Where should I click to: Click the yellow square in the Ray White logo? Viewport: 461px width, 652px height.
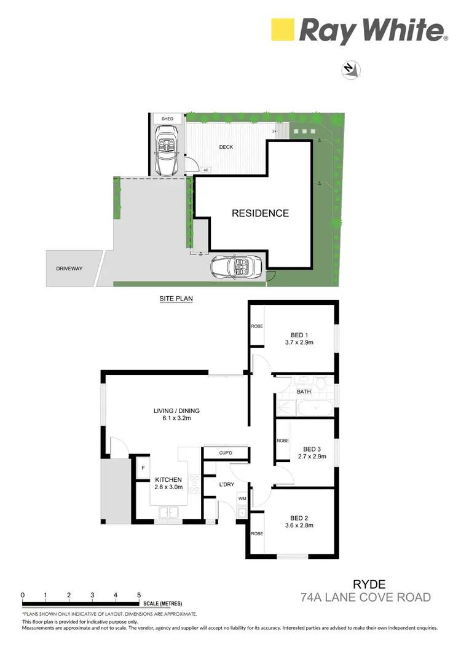coord(283,29)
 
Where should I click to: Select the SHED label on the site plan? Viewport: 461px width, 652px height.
coord(167,119)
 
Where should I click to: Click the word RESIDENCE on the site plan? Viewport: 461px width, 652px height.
coord(260,213)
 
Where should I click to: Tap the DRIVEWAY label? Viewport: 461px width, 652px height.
coord(69,269)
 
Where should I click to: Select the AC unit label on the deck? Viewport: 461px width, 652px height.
coord(206,170)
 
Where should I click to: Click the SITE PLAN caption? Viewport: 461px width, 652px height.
coord(176,299)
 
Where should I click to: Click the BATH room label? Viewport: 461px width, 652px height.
coord(304,391)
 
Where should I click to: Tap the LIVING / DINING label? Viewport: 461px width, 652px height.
coord(176,411)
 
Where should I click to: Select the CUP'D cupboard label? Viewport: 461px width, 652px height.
coord(225,454)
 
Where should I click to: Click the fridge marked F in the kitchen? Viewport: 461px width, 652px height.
coord(143,468)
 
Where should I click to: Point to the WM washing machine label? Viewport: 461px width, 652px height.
coord(242,498)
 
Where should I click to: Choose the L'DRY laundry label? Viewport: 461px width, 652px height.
coord(227,485)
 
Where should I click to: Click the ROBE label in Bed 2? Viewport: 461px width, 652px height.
coord(256,533)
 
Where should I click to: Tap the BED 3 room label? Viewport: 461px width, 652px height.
coord(312,449)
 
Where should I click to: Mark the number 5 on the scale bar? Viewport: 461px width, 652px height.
coord(139,595)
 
